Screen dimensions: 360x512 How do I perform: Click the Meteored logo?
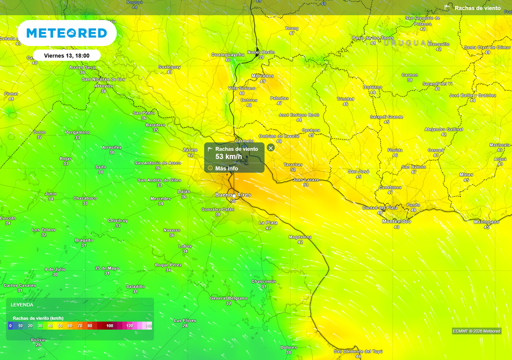tap(66, 33)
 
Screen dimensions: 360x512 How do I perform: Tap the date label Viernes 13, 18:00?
tap(66, 55)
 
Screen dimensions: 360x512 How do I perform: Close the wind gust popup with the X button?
tap(270, 147)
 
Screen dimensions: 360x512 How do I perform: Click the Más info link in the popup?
tap(226, 168)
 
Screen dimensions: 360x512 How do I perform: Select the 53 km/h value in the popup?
tap(228, 156)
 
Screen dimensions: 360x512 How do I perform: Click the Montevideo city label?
tap(396, 221)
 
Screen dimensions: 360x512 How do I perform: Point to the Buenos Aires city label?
tap(233, 194)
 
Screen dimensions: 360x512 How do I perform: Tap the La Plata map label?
tap(268, 222)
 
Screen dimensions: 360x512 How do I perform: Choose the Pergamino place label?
tap(77, 132)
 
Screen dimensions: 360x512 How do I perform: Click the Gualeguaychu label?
tap(227, 54)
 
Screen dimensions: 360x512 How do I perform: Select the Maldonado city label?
tap(486, 221)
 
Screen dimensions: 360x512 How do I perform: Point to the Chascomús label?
tap(263, 281)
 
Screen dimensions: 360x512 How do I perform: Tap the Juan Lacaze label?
tap(305, 179)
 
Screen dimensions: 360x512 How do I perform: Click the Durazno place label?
tap(372, 87)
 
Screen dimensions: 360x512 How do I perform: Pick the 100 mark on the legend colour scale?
tap(110, 326)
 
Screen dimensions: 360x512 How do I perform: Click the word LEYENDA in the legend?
tap(22, 304)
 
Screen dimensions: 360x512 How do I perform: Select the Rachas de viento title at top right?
tap(477, 8)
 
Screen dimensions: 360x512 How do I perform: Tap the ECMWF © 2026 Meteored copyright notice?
tap(476, 331)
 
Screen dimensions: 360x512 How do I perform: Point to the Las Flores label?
tap(185, 320)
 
